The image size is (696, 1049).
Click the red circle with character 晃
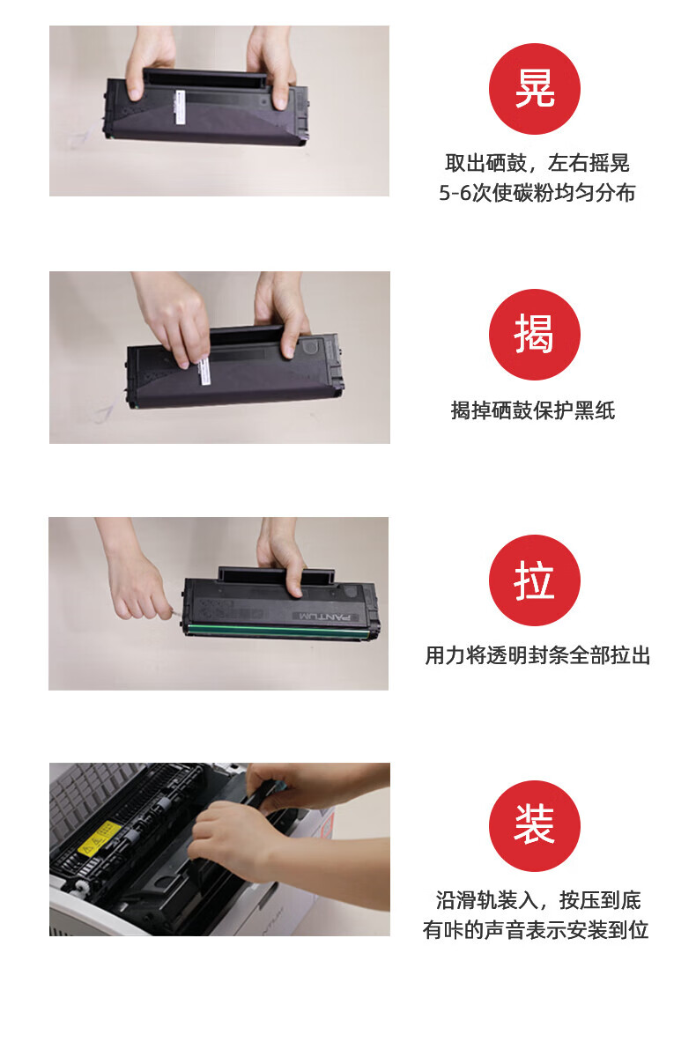pos(534,89)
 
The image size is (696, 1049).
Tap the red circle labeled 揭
pos(534,335)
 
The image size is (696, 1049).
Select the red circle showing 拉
pos(534,580)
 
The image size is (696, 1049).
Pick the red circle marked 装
pos(534,826)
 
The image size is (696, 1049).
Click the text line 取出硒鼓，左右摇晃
pos(537,163)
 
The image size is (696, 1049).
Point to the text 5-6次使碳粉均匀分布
pos(537,193)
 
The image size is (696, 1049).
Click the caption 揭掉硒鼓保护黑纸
pos(533,410)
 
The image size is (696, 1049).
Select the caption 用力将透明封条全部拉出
pos(537,655)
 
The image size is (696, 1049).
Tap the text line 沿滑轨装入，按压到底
pos(537,900)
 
